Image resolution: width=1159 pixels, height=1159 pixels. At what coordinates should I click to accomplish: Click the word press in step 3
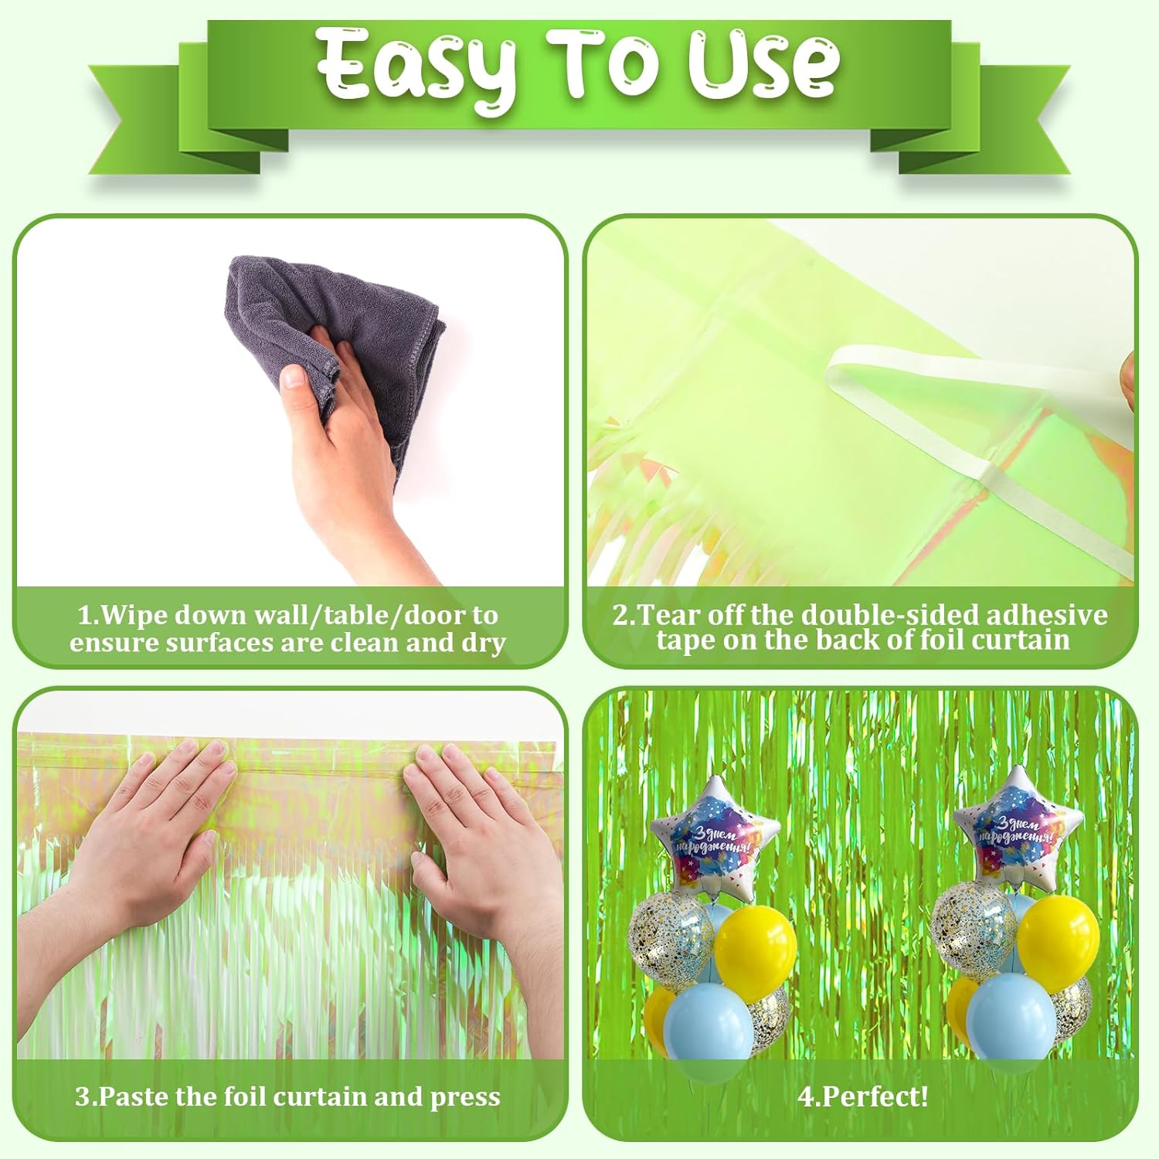pyautogui.click(x=465, y=1098)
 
